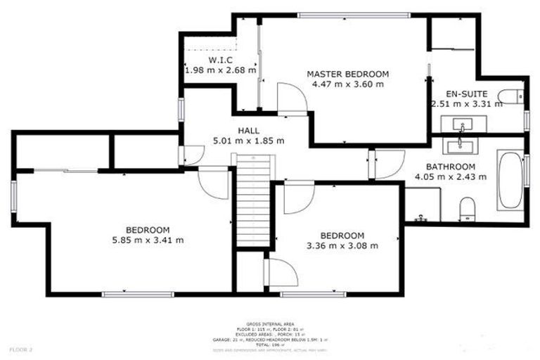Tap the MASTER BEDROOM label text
347,74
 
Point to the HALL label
248,131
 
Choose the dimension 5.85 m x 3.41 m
148,240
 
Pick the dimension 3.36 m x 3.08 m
342,245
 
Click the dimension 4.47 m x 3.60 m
347,84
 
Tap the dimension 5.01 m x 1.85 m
248,141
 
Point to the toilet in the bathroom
466,208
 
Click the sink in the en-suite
461,125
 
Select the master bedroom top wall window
354,15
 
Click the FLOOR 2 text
22,349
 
